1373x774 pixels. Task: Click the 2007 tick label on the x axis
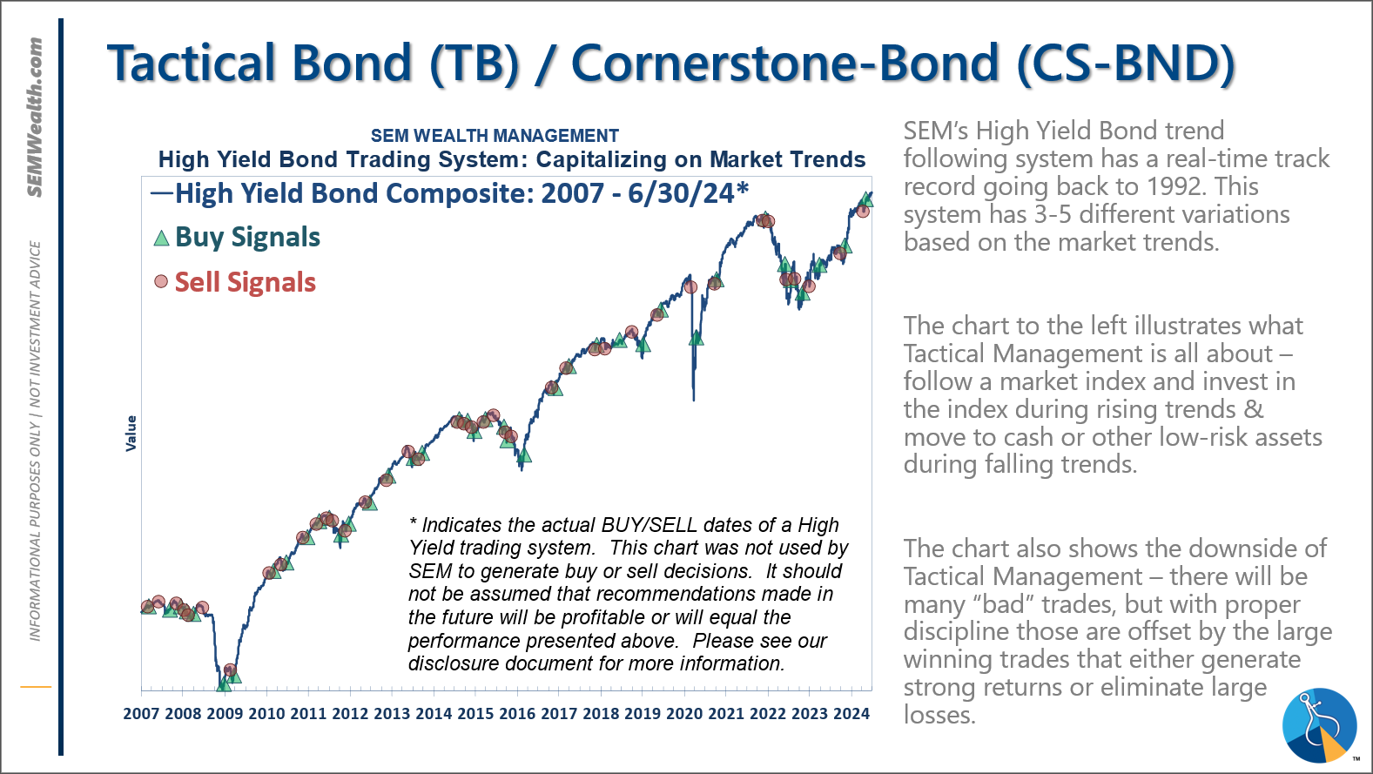pyautogui.click(x=141, y=714)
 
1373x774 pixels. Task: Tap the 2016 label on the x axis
pyautogui.click(x=517, y=714)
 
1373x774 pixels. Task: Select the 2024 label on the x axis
pyautogui.click(x=851, y=714)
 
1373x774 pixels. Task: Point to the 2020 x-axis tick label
pyautogui.click(x=684, y=714)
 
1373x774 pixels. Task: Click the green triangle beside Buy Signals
pyautogui.click(x=161, y=238)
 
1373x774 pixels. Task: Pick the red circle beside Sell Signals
pyautogui.click(x=161, y=281)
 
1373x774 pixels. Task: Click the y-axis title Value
pyautogui.click(x=131, y=433)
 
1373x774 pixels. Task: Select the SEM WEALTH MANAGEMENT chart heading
pyautogui.click(x=495, y=136)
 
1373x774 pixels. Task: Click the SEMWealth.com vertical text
pyautogui.click(x=35, y=118)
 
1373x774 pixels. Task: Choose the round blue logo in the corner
pyautogui.click(x=1319, y=725)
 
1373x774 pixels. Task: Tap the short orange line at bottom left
pyautogui.click(x=36, y=687)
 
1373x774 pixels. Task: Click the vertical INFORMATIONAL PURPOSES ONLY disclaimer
pyautogui.click(x=36, y=440)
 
